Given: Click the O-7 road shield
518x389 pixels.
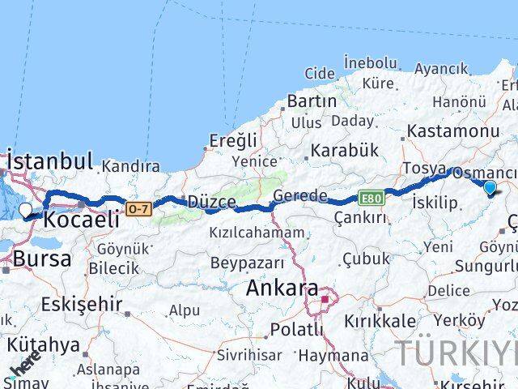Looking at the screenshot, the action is point(139,210).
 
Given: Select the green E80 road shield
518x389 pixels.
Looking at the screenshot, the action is point(372,198).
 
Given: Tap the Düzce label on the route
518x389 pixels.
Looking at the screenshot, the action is point(212,202).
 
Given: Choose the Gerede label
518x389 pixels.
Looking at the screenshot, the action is point(300,196).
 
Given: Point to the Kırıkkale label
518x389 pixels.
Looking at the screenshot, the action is point(380,320).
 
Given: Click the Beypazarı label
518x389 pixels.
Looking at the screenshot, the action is point(248,263).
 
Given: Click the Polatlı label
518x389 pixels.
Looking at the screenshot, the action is point(295,330).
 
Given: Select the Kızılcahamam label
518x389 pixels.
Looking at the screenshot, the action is point(235,233).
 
